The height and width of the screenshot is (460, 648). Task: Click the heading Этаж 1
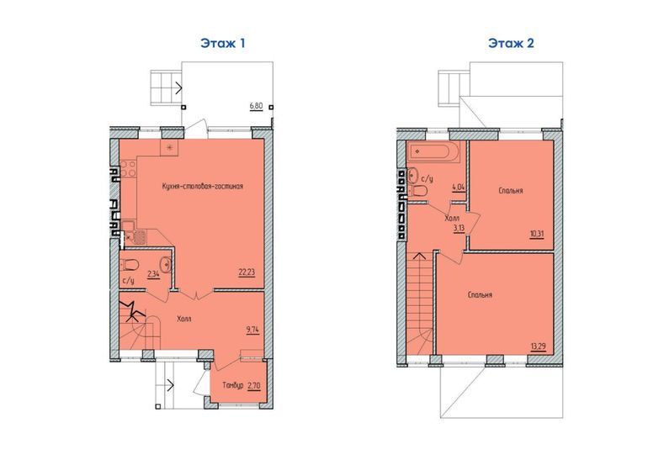tap(223, 43)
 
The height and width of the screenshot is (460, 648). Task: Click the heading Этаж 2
tap(511, 43)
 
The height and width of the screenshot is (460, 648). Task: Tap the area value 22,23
tap(247, 272)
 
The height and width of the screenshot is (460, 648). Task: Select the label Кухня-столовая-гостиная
tap(203, 186)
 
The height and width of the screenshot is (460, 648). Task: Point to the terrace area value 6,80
tap(256, 106)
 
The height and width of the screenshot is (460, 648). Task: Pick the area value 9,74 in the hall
tap(252, 329)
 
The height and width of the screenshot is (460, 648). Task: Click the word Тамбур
tap(232, 385)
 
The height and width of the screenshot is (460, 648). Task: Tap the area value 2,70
tap(254, 386)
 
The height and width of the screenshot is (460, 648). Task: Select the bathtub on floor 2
tap(433, 152)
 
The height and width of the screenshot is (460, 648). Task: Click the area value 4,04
tap(459, 187)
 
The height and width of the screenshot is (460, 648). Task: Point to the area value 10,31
tap(537, 235)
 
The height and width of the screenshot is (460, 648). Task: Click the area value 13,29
tap(538, 346)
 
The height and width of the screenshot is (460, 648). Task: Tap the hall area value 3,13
tap(459, 229)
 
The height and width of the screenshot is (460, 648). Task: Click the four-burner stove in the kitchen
tap(127, 169)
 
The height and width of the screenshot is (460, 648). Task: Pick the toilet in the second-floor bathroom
tap(418, 191)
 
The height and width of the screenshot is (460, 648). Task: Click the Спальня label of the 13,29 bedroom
tap(480, 295)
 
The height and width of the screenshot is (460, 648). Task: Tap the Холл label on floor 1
tap(184, 319)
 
